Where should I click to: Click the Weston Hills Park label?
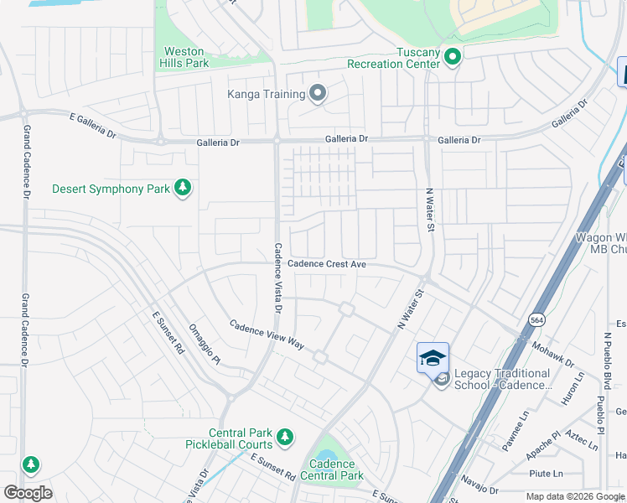(184, 57)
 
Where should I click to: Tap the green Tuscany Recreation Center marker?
(453, 57)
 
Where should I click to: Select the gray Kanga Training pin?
(317, 93)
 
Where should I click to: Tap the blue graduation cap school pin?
(433, 359)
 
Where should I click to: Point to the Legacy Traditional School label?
(502, 379)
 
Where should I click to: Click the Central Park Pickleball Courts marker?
(285, 436)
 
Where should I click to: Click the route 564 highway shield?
(536, 319)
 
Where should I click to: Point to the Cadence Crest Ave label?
(327, 264)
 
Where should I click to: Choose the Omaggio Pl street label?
(205, 345)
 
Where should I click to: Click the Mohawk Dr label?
(551, 353)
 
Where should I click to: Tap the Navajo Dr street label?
(479, 485)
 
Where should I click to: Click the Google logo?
(28, 493)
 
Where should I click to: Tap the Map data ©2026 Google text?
(574, 496)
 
